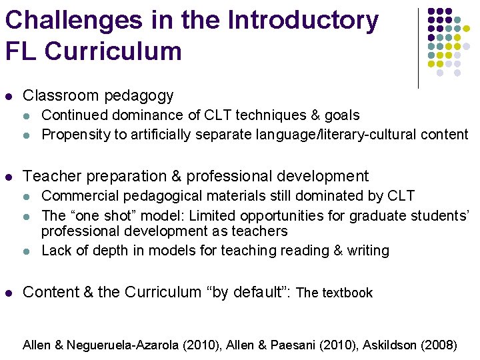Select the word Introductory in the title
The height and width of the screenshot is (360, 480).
(x=303, y=21)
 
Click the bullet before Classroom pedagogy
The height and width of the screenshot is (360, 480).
(x=9, y=97)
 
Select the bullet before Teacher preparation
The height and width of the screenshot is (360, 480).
(x=9, y=177)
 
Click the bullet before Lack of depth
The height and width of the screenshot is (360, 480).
(x=27, y=251)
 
